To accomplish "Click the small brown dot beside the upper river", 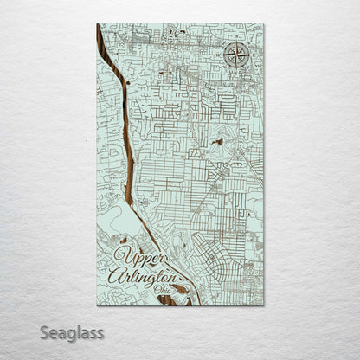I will point(126,83).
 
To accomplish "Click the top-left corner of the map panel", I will point(97,24).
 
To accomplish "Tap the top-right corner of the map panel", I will point(264,24).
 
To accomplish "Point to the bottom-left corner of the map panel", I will point(97,305).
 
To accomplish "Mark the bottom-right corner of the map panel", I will point(264,305).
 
